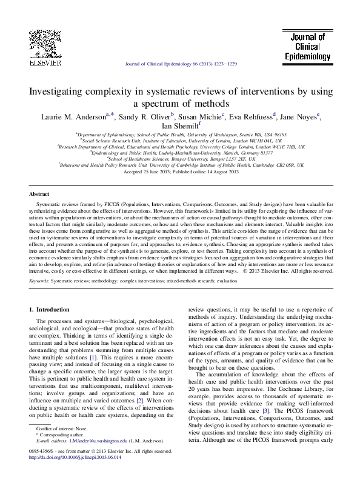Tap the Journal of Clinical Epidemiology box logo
coord(307,46)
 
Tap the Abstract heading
coord(39,194)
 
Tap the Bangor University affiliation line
coord(181,159)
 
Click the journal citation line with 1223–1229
coord(180,63)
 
